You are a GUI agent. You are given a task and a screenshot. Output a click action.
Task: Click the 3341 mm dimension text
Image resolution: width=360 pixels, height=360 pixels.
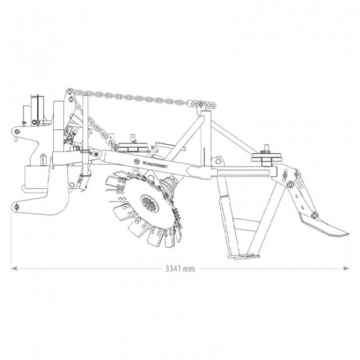(x=180, y=269)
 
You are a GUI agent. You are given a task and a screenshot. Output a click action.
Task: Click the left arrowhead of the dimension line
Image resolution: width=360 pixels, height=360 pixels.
(x=13, y=269)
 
